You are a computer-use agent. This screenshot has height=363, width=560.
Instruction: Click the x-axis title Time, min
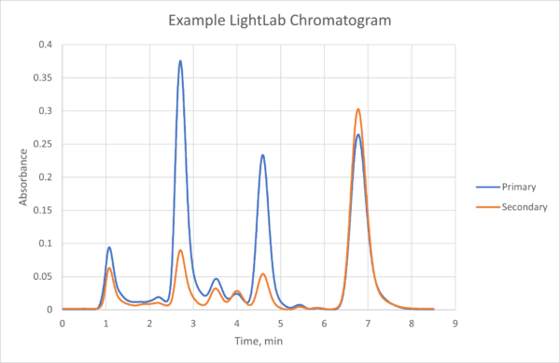pyautogui.click(x=259, y=342)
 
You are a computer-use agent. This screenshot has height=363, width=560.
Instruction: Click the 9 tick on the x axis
pyautogui.click(x=455, y=323)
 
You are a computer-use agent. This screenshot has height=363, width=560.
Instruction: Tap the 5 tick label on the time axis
pyautogui.click(x=280, y=323)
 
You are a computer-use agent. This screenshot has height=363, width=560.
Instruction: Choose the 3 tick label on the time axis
pyautogui.click(x=193, y=323)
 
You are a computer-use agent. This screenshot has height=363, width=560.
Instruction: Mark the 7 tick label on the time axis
pyautogui.click(x=368, y=323)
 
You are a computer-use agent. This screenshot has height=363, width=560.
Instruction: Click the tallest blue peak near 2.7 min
pyautogui.click(x=180, y=62)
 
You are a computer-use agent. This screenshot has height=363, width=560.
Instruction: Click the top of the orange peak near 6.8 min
pyautogui.click(x=357, y=109)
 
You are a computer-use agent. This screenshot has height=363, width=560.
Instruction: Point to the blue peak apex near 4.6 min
pyautogui.click(x=263, y=155)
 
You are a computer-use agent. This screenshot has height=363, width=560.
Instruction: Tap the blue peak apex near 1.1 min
pyautogui.click(x=109, y=247)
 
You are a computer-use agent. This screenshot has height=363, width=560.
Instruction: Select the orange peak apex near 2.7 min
pyautogui.click(x=180, y=250)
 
